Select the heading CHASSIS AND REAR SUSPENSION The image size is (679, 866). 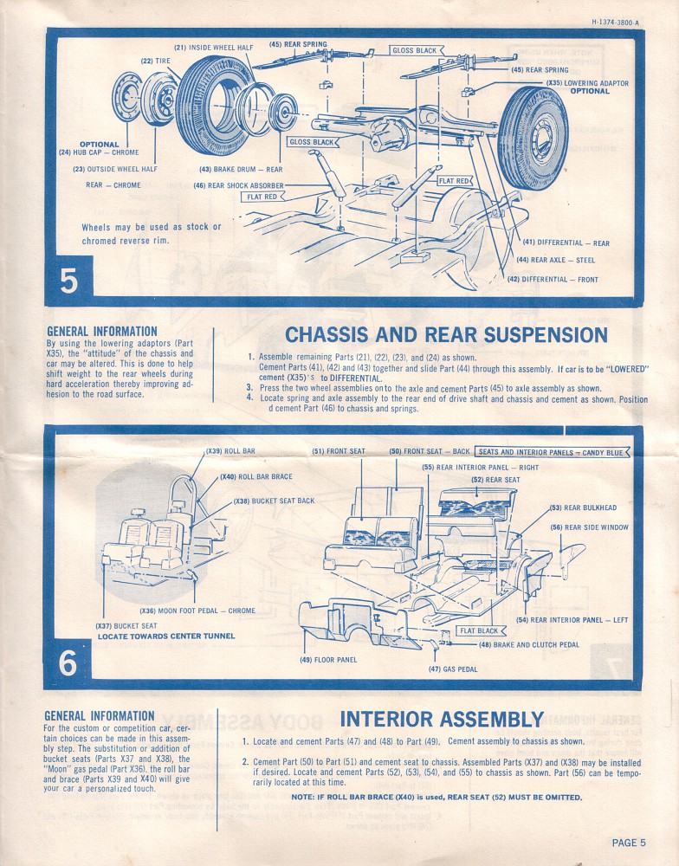pos(446,334)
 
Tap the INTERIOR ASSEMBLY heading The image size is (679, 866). pos(442,719)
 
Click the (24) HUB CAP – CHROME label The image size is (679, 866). pos(99,152)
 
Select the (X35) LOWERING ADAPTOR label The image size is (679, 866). pos(587,83)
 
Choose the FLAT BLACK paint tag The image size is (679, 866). pos(478,631)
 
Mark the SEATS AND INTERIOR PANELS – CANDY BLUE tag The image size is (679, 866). pos(551,452)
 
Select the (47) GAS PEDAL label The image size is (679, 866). pos(452,669)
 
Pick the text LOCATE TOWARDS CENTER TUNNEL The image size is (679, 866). pos(165,637)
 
